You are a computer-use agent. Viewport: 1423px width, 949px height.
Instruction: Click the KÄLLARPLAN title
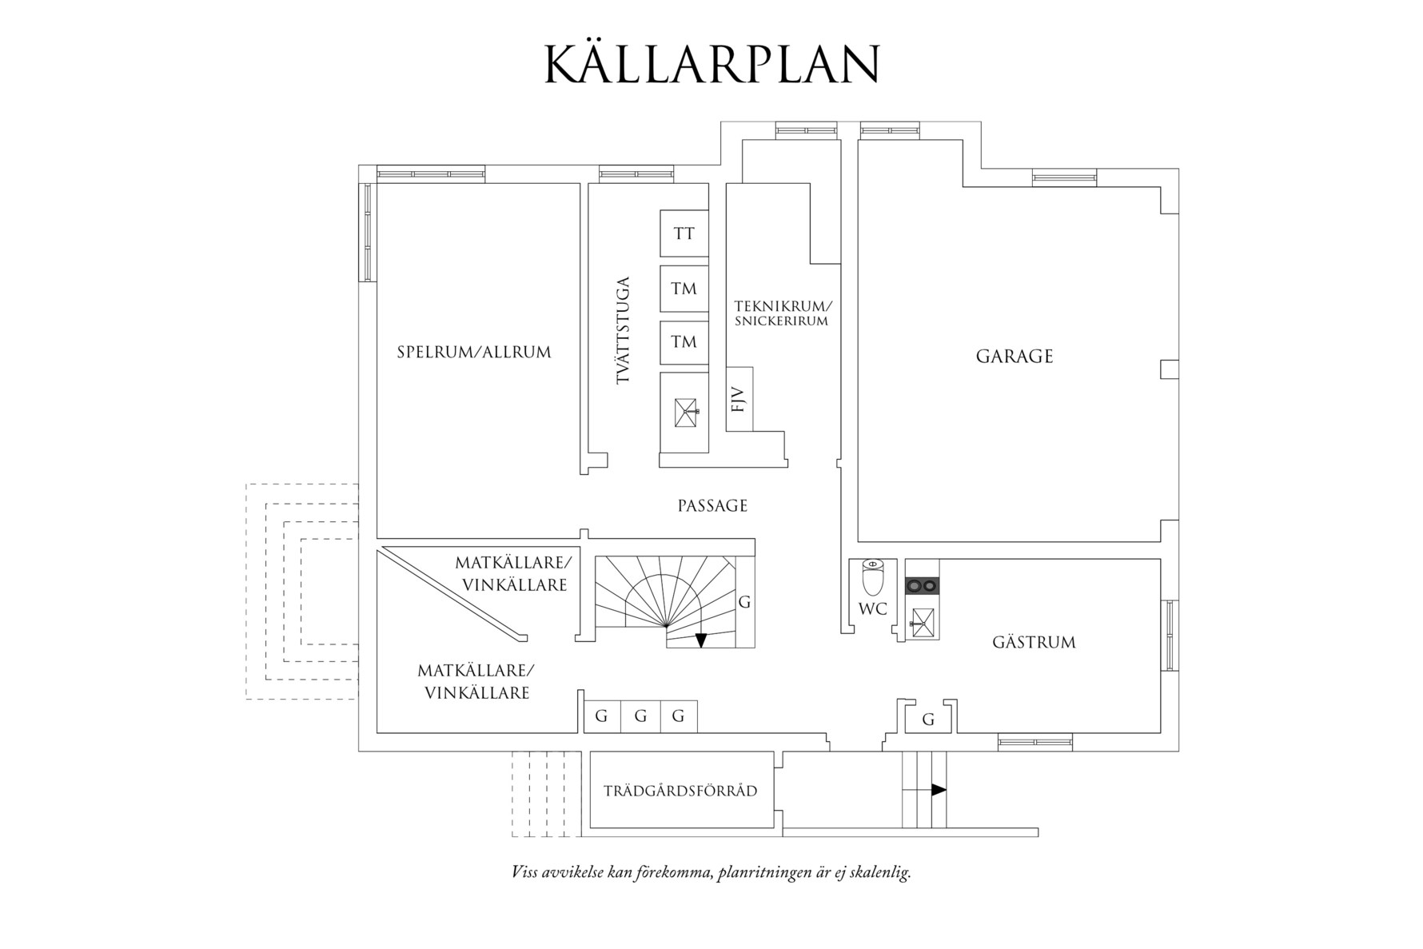point(711,64)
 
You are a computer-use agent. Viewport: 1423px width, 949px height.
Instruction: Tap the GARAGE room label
point(1014,357)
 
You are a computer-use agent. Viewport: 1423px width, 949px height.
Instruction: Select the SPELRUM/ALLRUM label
point(474,352)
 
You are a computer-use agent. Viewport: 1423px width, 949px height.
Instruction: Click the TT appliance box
point(684,233)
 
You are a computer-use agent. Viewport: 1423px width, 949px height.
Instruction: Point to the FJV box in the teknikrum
point(739,398)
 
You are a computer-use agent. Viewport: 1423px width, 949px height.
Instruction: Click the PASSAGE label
point(712,506)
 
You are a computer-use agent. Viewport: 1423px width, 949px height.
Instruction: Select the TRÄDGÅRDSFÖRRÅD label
point(680,791)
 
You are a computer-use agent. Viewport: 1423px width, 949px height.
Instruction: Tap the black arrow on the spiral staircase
point(701,640)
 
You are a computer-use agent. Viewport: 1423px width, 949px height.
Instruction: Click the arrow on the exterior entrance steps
point(939,790)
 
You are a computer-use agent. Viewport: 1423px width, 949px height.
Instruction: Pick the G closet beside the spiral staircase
point(744,602)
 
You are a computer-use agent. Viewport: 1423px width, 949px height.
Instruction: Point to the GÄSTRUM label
point(1033,642)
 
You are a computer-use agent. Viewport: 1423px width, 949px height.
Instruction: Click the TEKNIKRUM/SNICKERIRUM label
point(783,313)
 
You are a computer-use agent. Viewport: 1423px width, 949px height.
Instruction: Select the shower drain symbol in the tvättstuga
point(684,412)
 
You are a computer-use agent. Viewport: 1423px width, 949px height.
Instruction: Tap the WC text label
point(872,609)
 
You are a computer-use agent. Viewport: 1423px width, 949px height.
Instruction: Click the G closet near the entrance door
point(928,718)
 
